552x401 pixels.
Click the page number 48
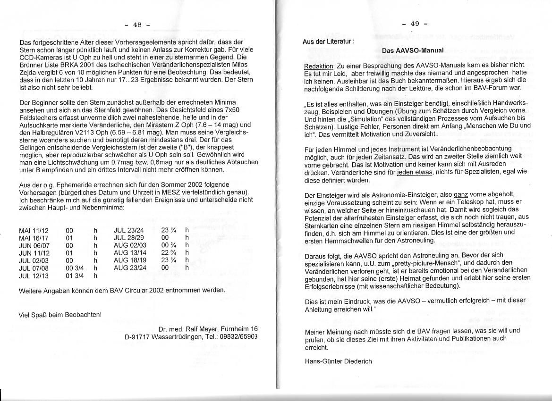coord(137,24)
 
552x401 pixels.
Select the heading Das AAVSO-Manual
coord(413,50)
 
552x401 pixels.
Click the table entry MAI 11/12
coord(34,230)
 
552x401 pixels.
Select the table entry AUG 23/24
coord(130,267)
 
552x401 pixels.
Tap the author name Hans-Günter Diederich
coord(339,361)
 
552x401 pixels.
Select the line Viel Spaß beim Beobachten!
coord(59,314)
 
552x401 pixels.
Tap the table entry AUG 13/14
coord(130,253)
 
